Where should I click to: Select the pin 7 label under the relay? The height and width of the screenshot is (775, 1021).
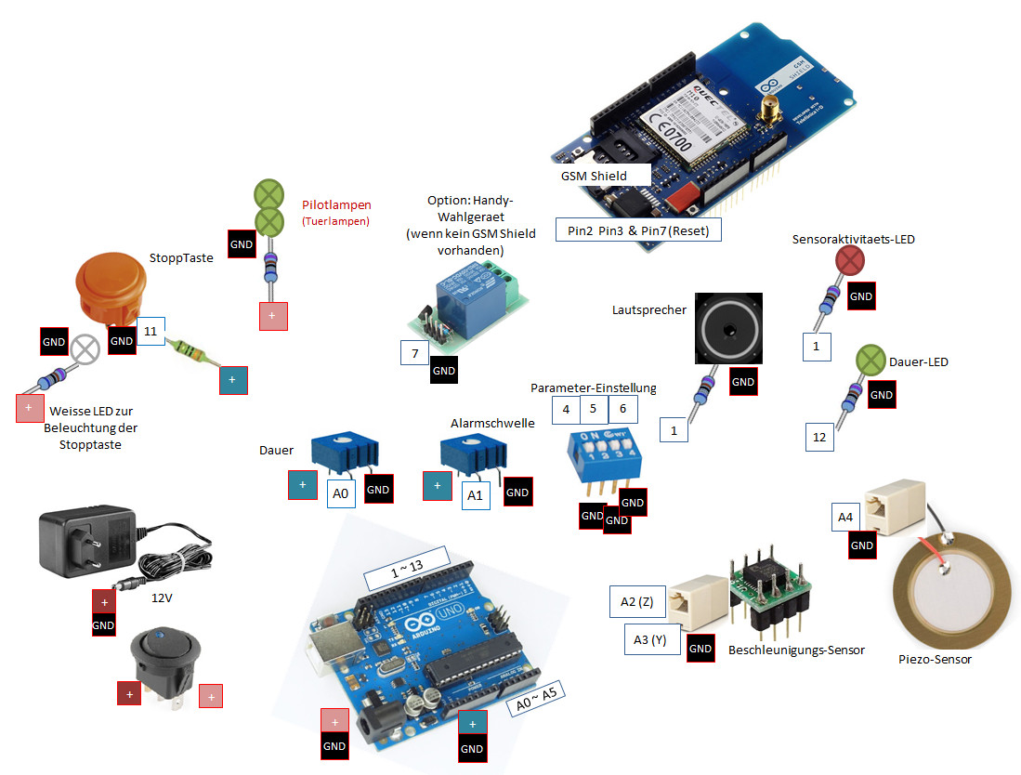(x=414, y=354)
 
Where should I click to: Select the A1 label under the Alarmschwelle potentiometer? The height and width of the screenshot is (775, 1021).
(x=475, y=495)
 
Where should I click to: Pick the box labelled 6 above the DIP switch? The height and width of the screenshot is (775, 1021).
(x=623, y=409)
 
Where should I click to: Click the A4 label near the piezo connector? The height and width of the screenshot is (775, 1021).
(x=845, y=518)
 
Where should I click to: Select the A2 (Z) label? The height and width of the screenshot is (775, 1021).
(x=637, y=602)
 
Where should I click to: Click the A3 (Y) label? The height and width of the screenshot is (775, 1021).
(x=651, y=639)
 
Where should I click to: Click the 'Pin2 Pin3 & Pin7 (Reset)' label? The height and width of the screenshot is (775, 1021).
(x=637, y=229)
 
